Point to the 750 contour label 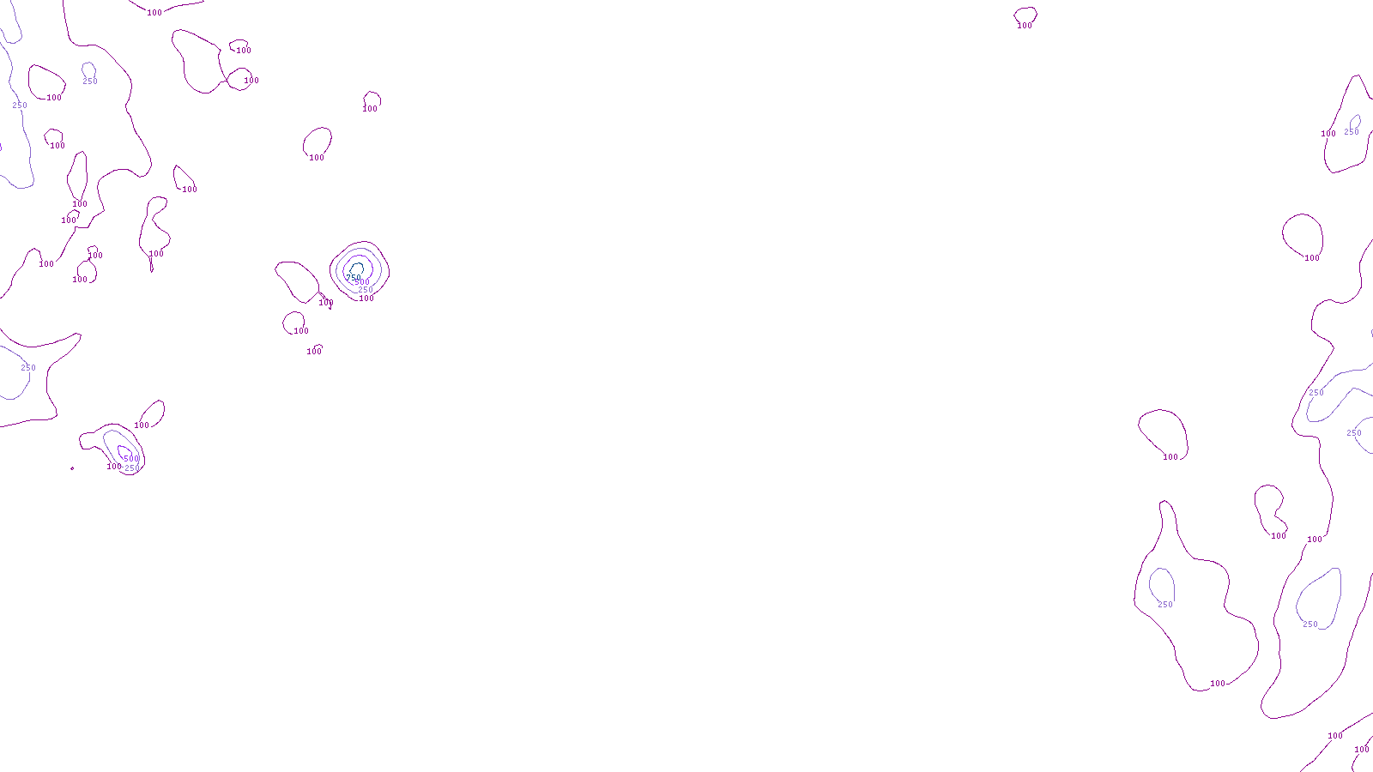pos(353,277)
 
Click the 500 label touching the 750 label pos(362,282)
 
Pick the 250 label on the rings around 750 pos(366,290)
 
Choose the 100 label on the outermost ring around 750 pos(366,299)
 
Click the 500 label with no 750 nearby pos(131,459)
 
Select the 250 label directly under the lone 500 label pos(132,468)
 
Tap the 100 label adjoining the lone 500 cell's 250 pos(113,467)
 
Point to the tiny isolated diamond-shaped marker pos(72,468)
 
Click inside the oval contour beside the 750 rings pos(296,280)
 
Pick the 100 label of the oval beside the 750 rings pos(326,303)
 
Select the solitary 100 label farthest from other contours pos(1025,26)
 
